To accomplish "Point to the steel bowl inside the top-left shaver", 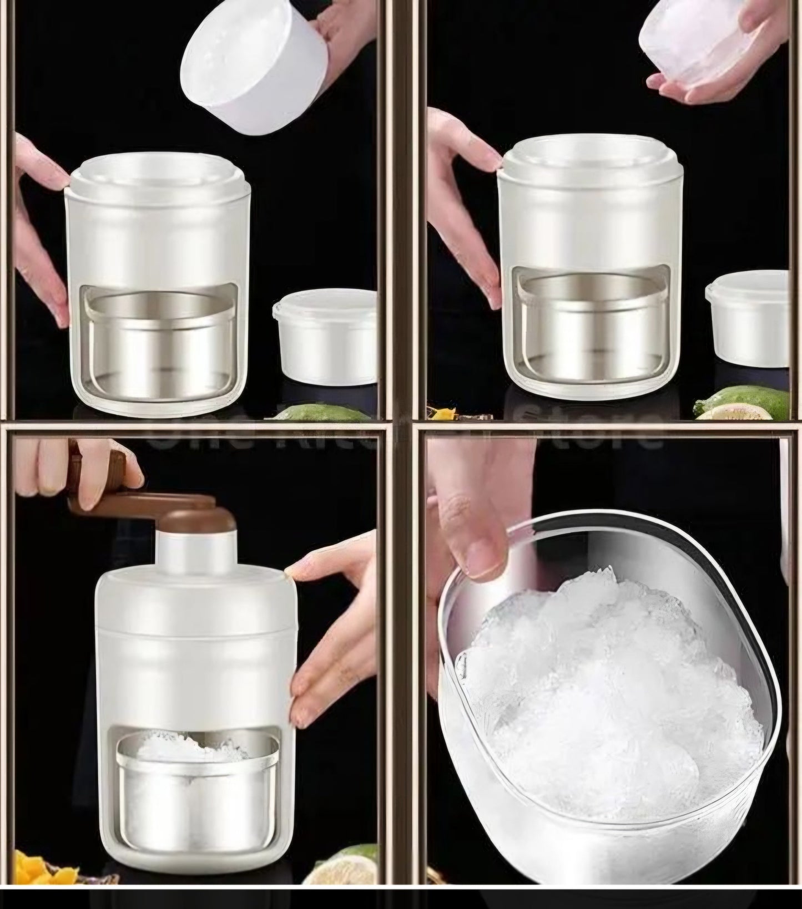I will click(161, 344).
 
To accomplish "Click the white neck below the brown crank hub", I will click(191, 555).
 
